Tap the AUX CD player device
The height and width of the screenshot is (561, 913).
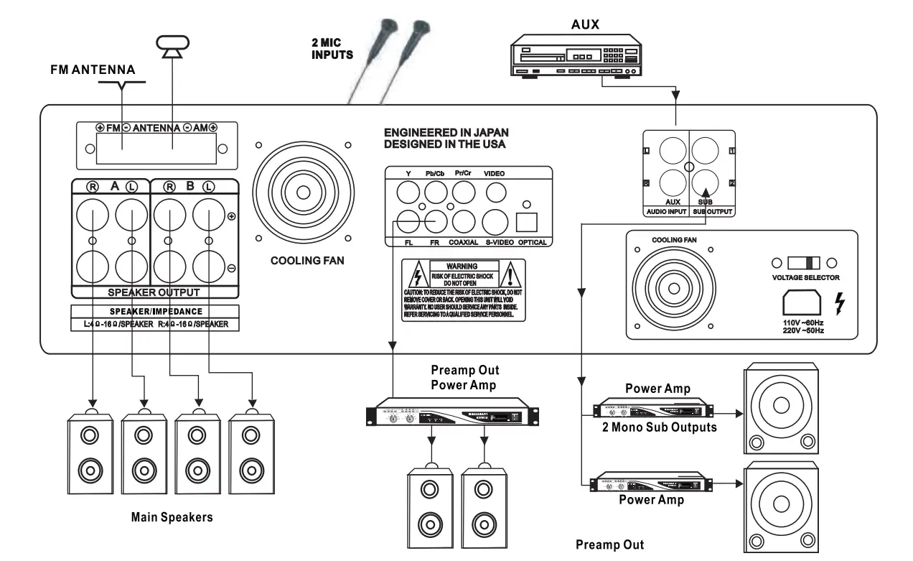pyautogui.click(x=575, y=58)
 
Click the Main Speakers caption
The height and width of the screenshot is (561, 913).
pyautogui.click(x=172, y=517)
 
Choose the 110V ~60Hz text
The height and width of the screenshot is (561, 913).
pyautogui.click(x=802, y=324)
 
